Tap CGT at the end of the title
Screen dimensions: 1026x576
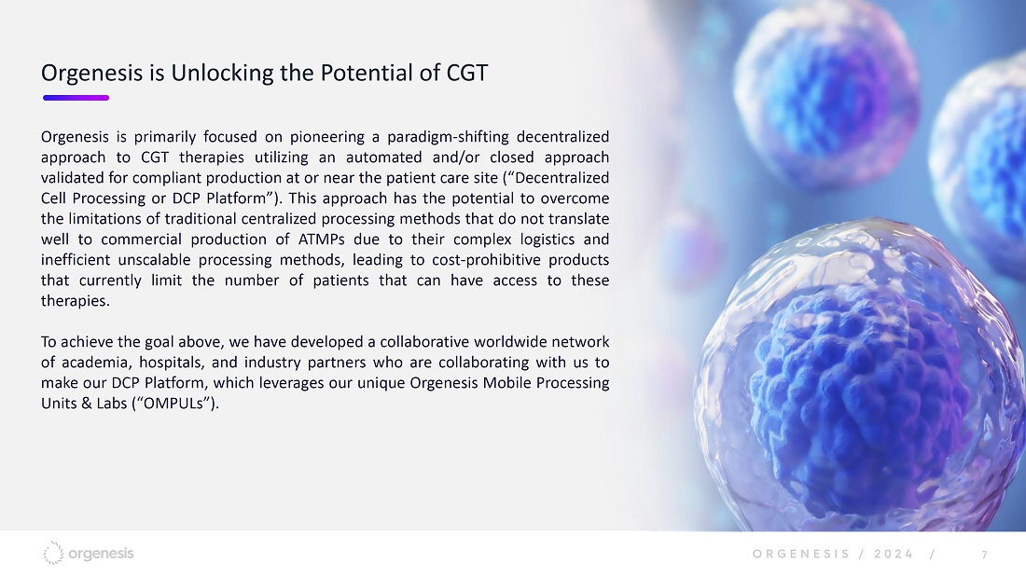tap(467, 73)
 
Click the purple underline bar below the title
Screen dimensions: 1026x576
tap(76, 98)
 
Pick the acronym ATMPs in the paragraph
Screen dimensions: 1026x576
tap(321, 240)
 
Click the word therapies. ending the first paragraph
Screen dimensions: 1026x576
tap(76, 301)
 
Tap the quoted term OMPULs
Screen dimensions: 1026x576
tap(174, 404)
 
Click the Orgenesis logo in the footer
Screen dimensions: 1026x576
tap(89, 553)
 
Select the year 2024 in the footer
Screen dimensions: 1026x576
tap(894, 555)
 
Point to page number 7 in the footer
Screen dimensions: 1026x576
tap(984, 555)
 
